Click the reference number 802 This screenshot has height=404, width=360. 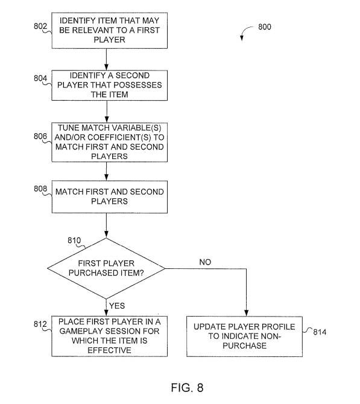(40, 27)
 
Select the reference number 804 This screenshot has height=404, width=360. (40, 78)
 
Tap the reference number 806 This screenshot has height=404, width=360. (40, 136)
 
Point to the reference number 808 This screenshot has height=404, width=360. (40, 189)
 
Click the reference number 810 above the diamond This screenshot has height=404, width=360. (74, 241)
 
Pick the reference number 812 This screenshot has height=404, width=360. (40, 324)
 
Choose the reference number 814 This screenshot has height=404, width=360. (320, 332)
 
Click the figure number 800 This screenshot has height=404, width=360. (265, 27)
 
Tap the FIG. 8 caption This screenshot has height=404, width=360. (187, 388)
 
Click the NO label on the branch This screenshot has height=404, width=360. (205, 262)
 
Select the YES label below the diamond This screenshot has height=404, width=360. (117, 306)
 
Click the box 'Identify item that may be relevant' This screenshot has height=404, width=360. (110, 30)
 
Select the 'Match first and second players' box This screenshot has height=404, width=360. (110, 197)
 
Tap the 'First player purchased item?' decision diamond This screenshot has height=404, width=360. (106, 268)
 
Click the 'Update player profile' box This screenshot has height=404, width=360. (245, 336)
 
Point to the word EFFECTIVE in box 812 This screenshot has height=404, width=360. (110, 350)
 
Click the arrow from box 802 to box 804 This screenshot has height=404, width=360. (106, 59)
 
